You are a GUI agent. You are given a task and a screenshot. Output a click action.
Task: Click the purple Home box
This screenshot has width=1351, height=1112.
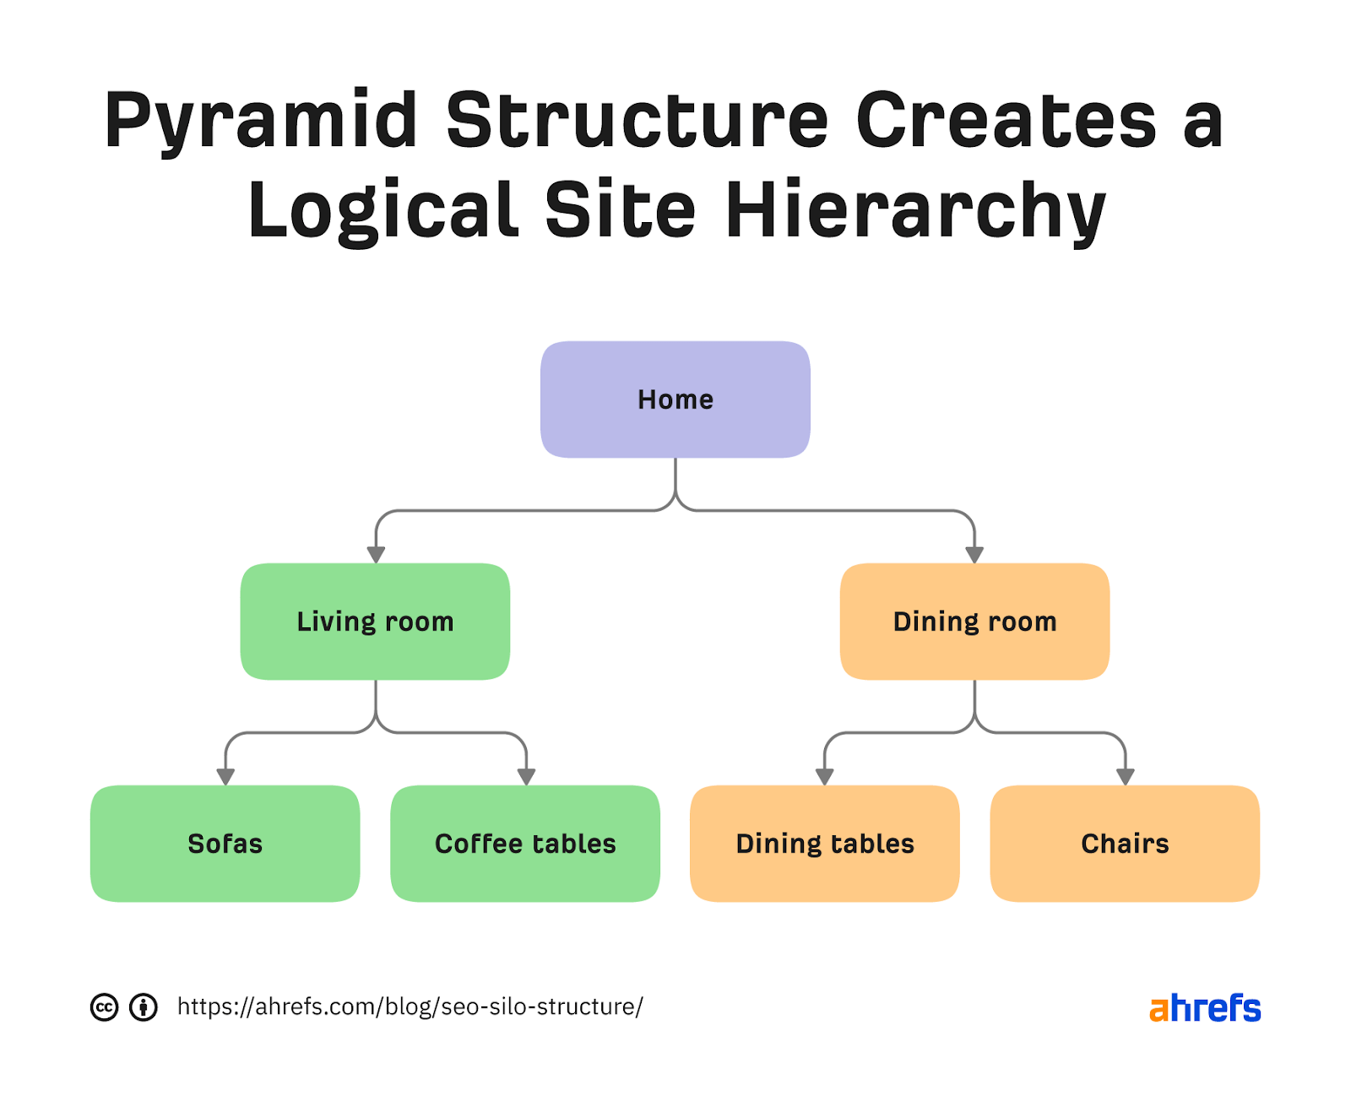[x=675, y=399]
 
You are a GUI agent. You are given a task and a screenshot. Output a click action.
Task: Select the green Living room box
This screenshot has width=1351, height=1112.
[x=375, y=621]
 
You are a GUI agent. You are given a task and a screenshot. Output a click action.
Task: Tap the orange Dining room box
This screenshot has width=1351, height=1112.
[x=974, y=621]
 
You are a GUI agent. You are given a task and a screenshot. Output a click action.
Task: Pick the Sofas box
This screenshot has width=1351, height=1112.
[x=225, y=843]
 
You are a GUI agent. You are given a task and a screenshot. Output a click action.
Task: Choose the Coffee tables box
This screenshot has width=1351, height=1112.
[x=524, y=843]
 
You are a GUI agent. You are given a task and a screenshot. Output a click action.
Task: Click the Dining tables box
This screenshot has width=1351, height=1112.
[x=824, y=843]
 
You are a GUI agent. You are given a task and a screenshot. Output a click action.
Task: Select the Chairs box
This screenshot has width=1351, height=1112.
[x=1125, y=843]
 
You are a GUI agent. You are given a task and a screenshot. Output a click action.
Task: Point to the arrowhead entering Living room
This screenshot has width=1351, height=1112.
[x=376, y=555]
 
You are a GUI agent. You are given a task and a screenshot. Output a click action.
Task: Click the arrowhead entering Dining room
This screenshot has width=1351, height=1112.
[x=974, y=555]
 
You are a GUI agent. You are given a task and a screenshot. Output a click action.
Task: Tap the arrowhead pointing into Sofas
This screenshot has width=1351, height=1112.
[x=225, y=777]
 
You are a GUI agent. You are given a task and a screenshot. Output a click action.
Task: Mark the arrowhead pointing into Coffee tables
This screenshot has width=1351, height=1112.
[x=526, y=777]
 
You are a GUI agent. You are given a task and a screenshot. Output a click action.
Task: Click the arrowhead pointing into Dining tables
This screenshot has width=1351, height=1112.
[x=825, y=777]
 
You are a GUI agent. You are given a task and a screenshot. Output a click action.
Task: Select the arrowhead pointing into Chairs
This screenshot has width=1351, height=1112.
[x=1125, y=777]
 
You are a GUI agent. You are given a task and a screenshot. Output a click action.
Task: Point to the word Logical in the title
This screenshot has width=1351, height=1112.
[x=382, y=211]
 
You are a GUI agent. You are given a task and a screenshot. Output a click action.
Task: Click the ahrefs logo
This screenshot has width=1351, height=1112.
[x=1205, y=1008]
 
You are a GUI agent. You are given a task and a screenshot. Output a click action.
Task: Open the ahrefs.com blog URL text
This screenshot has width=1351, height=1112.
[x=410, y=1006]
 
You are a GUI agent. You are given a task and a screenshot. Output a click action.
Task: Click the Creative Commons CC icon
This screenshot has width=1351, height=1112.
[x=104, y=1007]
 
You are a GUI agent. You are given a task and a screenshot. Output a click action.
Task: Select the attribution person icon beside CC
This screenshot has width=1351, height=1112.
[x=144, y=1007]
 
